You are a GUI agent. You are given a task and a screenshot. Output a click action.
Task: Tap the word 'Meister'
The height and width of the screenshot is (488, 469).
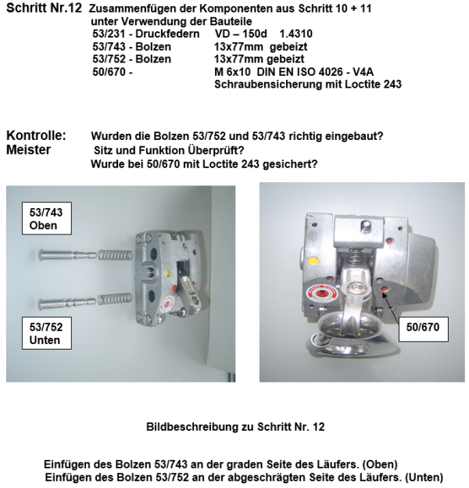(29, 149)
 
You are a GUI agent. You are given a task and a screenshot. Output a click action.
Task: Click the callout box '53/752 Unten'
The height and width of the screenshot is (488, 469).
(44, 332)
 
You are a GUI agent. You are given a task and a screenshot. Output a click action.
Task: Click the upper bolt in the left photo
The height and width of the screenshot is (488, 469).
(63, 254)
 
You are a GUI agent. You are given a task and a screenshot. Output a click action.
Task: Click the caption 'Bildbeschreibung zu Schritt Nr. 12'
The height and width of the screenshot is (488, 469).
(234, 427)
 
